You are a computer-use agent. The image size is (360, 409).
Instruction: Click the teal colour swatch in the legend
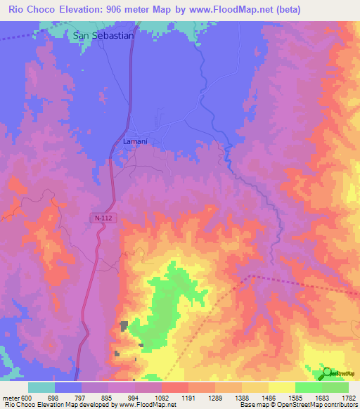41,387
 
